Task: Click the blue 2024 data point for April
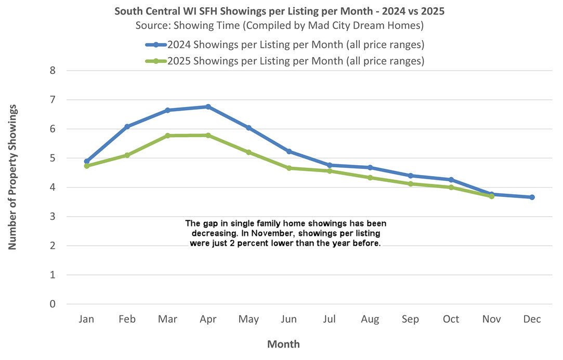[x=208, y=106]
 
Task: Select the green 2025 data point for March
[x=167, y=136]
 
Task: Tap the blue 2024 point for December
[x=532, y=197]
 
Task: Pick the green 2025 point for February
[x=127, y=155]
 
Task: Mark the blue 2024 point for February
[x=127, y=126]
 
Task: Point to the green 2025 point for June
[x=289, y=168]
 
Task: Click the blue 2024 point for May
[x=248, y=128]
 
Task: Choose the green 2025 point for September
[x=411, y=184]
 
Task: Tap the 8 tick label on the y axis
[x=52, y=70]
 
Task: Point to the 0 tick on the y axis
[x=52, y=304]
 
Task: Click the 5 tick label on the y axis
[x=52, y=158]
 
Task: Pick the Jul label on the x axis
[x=330, y=319]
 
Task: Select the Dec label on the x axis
[x=532, y=319]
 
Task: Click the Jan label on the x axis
[x=86, y=319]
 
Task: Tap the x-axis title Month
[x=283, y=344]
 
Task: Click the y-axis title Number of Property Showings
[x=12, y=177]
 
